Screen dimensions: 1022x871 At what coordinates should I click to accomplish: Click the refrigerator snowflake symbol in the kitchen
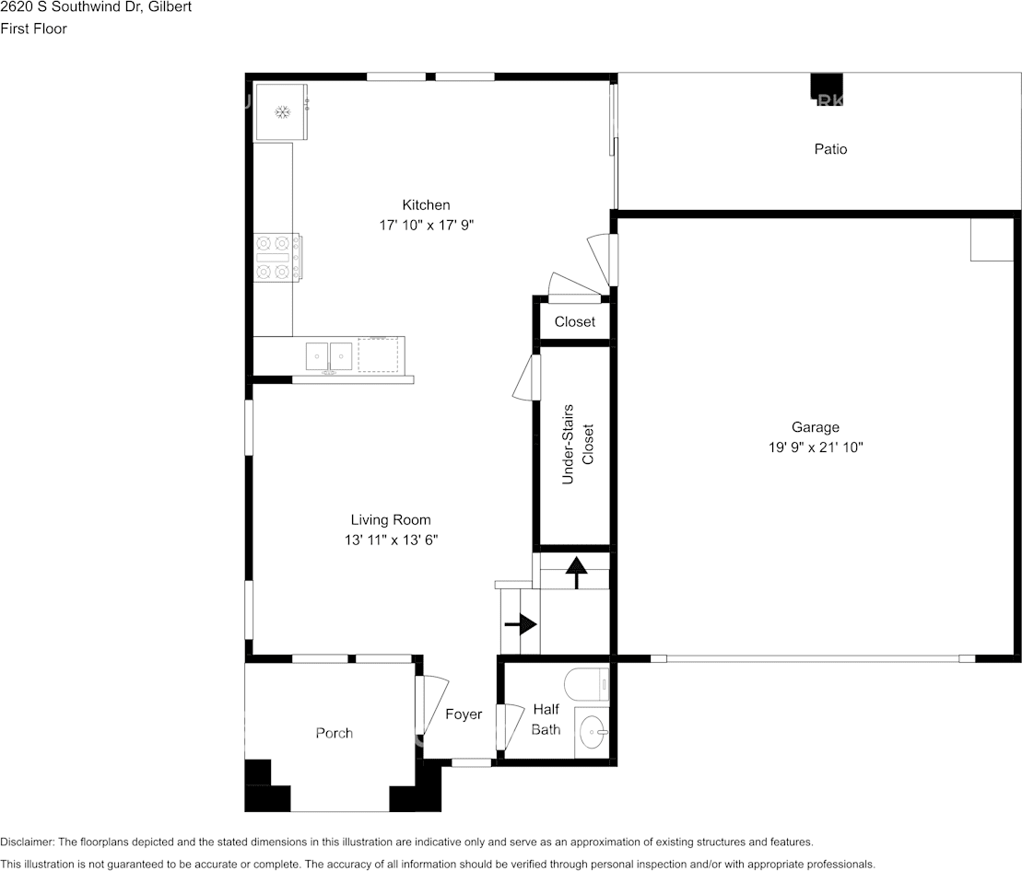click(x=282, y=112)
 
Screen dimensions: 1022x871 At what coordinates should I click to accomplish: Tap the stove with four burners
click(x=277, y=258)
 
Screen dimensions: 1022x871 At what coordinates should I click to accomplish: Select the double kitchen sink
click(x=328, y=356)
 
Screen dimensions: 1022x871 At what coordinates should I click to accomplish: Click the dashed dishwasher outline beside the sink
click(x=378, y=354)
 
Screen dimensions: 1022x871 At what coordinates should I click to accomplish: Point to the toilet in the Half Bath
click(x=587, y=684)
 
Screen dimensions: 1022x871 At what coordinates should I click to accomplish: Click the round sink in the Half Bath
click(x=593, y=733)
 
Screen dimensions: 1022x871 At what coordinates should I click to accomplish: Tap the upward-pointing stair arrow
click(x=576, y=573)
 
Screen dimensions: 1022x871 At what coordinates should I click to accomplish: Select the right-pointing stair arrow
click(x=520, y=625)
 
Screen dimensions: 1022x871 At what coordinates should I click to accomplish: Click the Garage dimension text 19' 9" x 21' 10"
click(x=816, y=447)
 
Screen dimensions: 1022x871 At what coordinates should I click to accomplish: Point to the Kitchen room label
click(x=427, y=205)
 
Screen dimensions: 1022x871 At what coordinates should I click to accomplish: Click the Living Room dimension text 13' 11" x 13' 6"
click(x=391, y=540)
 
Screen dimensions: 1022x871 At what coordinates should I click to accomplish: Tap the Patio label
click(x=831, y=149)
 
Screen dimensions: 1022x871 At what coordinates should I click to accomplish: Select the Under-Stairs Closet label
click(x=578, y=444)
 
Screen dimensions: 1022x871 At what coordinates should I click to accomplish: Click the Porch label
click(x=335, y=733)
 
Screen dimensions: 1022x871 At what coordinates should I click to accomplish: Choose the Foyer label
click(x=464, y=714)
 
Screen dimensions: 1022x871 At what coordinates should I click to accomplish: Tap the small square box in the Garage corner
click(x=992, y=239)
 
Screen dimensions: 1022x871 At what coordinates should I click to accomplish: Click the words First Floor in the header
click(x=34, y=29)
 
